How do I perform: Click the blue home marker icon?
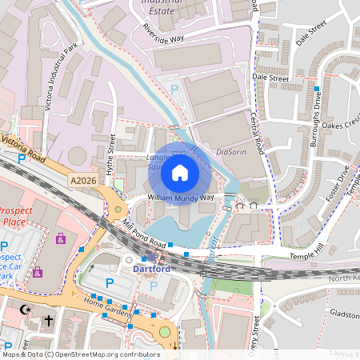tap(180, 171)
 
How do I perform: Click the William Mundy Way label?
tap(180, 197)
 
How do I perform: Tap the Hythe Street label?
tap(111, 153)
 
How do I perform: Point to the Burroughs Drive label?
tap(316, 117)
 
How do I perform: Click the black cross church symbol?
tap(48, 320)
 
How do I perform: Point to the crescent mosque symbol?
tap(23, 307)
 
